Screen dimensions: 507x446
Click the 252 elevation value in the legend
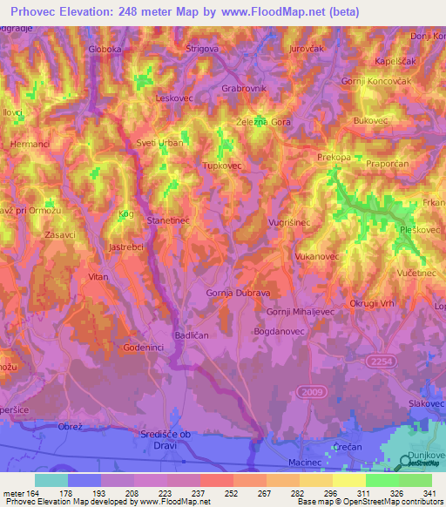point(229,493)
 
